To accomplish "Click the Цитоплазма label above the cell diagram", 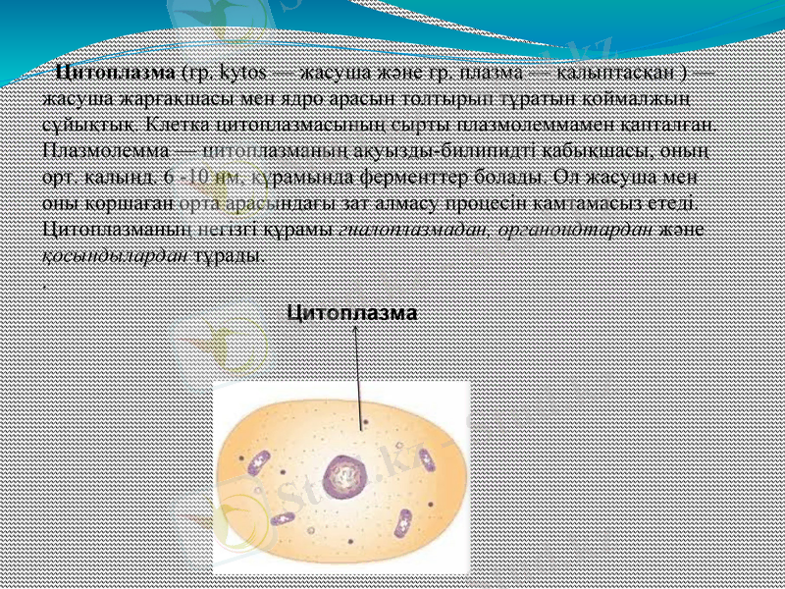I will point(351,312).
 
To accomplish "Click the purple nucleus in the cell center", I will point(343,476).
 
